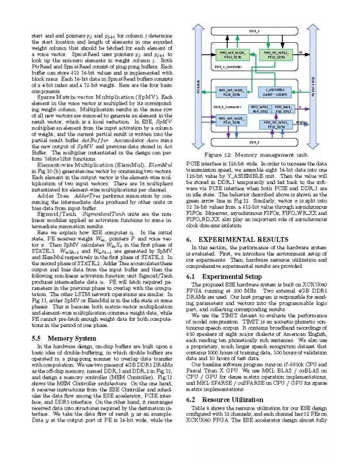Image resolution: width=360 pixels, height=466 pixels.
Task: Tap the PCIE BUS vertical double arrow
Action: click(198, 88)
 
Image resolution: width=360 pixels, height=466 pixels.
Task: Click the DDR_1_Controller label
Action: click(228, 66)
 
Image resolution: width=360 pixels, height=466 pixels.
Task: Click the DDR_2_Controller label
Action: click(228, 106)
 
